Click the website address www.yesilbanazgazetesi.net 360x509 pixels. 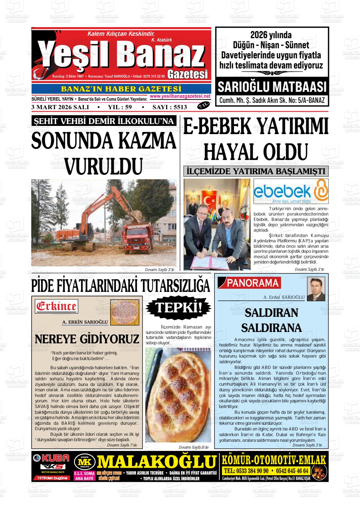180,96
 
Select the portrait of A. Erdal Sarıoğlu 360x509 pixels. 316,289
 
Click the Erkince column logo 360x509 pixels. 57,306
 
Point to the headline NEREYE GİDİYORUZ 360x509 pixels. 87,339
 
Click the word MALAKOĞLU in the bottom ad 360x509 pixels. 157,462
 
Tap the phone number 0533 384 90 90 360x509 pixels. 246,471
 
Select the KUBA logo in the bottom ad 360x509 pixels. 51,458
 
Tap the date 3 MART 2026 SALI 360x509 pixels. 60,107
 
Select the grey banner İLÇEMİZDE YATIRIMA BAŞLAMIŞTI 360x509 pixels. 256,171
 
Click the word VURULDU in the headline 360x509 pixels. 104,166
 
